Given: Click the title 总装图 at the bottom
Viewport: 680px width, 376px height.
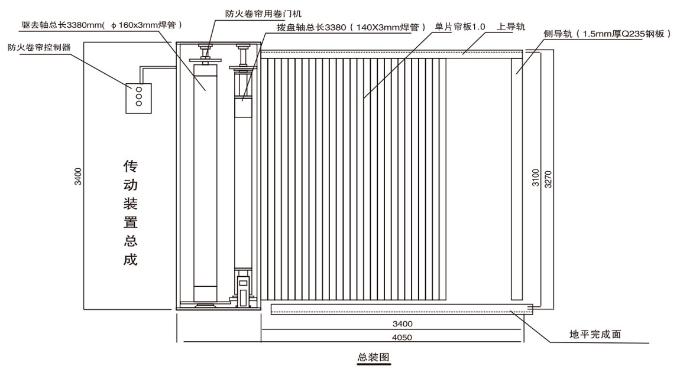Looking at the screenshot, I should (x=374, y=358).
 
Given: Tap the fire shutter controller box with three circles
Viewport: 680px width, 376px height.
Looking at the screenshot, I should (x=140, y=97).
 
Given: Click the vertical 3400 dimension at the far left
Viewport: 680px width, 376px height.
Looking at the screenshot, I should (x=78, y=177).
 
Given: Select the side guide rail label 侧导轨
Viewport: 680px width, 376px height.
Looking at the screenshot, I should (x=607, y=34).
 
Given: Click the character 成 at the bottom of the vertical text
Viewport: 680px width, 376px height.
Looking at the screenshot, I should (x=130, y=259).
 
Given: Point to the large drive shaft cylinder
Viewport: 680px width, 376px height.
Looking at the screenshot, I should (x=206, y=177).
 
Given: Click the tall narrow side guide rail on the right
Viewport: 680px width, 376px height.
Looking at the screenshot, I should (x=518, y=177).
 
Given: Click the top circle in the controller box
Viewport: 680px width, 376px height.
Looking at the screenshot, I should (x=139, y=90).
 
